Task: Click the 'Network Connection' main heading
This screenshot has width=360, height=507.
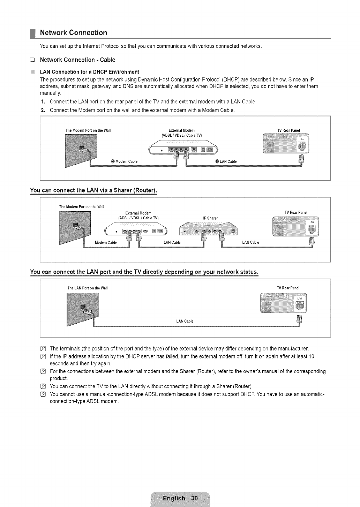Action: coord(73,33)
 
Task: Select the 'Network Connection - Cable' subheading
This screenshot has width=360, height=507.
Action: coord(77,60)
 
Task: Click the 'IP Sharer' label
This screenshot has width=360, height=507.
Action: coord(210,218)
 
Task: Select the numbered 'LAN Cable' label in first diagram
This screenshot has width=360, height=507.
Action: coord(226,161)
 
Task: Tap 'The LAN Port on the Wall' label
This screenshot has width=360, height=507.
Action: coord(87,288)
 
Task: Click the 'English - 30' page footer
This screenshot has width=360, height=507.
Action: coord(180,498)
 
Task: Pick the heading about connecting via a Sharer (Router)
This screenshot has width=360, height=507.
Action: coord(93,190)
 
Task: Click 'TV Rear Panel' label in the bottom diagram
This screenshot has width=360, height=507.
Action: coord(288,288)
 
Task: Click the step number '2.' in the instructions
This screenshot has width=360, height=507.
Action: coord(43,110)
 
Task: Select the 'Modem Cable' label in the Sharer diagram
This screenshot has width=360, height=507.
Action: coord(106,242)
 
